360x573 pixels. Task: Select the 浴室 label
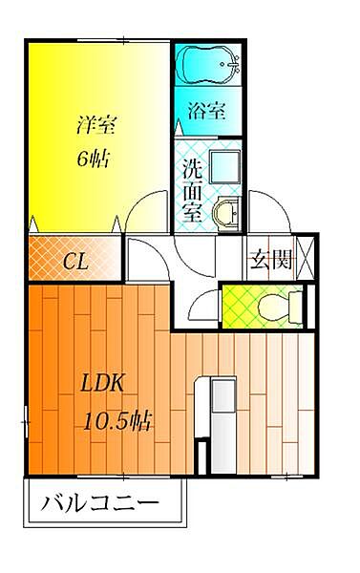pos(208,110)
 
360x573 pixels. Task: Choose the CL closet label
pos(75,260)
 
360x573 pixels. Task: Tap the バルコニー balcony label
pos(99,503)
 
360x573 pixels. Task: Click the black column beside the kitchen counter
pos(201,456)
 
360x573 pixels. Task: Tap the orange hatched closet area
pos(75,259)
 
